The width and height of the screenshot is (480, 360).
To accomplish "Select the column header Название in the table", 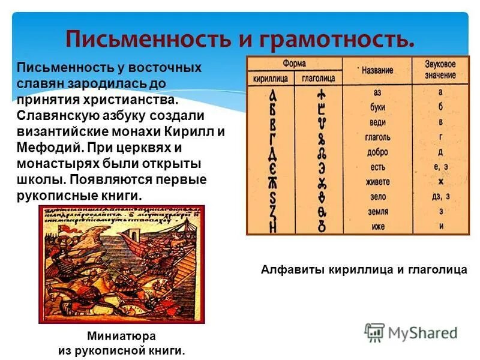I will point(377,70).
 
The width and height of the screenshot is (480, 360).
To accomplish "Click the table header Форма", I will point(294,62).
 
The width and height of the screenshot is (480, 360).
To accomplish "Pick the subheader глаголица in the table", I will point(318,78).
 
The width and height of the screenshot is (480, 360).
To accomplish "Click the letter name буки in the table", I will point(377,107).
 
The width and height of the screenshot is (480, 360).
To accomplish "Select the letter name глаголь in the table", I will point(377,137).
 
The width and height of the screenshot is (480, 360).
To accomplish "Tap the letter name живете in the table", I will point(377,182).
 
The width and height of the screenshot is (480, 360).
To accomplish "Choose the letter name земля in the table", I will point(377,212).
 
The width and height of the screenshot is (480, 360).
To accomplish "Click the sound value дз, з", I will point(440,196).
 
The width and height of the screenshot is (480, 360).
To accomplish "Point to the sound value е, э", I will point(440,166).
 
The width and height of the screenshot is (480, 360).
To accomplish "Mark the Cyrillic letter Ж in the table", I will point(273,181).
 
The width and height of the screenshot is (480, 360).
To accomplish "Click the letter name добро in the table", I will point(377,152).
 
